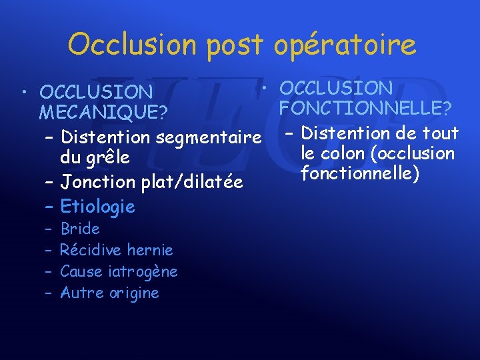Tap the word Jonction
pos(95,182)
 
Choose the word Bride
pos(80,229)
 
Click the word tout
pos(441,133)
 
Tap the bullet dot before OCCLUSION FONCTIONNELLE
pos(265,87)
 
